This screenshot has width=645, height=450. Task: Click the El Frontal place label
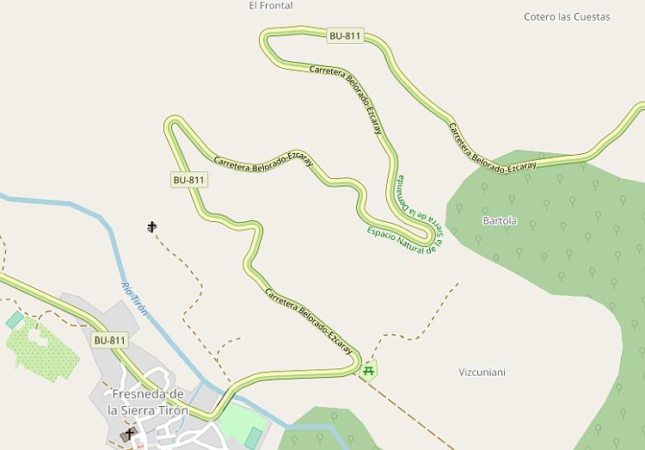tap(270, 6)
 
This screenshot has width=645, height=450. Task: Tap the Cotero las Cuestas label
tap(567, 17)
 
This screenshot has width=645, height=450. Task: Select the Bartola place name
tap(500, 221)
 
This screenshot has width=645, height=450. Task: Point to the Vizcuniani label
tap(482, 373)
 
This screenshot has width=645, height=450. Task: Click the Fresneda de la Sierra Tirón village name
tap(148, 402)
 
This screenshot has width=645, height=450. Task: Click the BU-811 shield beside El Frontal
tap(345, 36)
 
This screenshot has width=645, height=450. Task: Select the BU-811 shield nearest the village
tap(110, 340)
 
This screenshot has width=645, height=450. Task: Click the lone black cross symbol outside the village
tap(152, 227)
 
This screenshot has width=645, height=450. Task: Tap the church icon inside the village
tap(130, 433)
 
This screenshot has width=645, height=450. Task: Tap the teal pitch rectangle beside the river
tap(253, 438)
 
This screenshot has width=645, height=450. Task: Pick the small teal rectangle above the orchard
tap(15, 320)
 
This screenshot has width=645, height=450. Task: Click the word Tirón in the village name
tap(170, 410)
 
